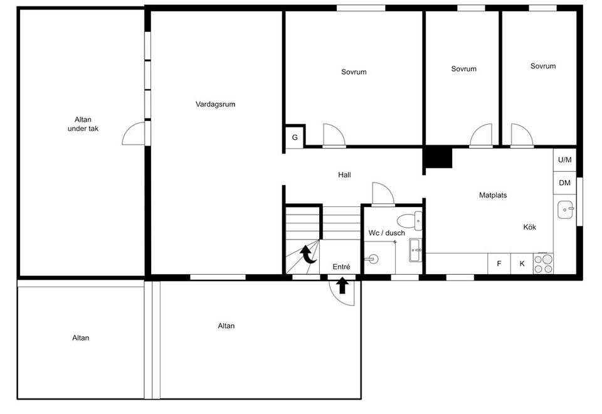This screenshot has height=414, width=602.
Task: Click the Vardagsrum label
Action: point(215,105)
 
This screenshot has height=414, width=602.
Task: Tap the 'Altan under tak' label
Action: point(83,124)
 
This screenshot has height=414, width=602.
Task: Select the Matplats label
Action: point(493,195)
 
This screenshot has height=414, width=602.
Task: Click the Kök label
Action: point(530,227)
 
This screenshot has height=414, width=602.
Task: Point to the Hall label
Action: point(344,175)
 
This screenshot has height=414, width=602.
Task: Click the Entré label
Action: point(341,267)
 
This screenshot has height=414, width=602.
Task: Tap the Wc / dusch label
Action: point(386,233)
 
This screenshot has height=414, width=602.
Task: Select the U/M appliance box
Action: point(564,160)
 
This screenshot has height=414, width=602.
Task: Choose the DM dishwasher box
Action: point(564,183)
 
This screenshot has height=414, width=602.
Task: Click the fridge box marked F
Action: point(499,263)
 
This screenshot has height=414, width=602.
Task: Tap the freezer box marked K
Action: point(522,263)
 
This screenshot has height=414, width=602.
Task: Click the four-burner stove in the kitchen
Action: point(544,263)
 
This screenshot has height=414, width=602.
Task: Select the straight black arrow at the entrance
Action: point(342,286)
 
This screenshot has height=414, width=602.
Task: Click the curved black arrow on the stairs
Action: point(307,254)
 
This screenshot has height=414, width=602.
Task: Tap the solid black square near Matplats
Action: point(438,157)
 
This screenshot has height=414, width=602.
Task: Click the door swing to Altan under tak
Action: point(135,133)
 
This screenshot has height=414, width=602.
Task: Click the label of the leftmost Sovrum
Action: point(354,72)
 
